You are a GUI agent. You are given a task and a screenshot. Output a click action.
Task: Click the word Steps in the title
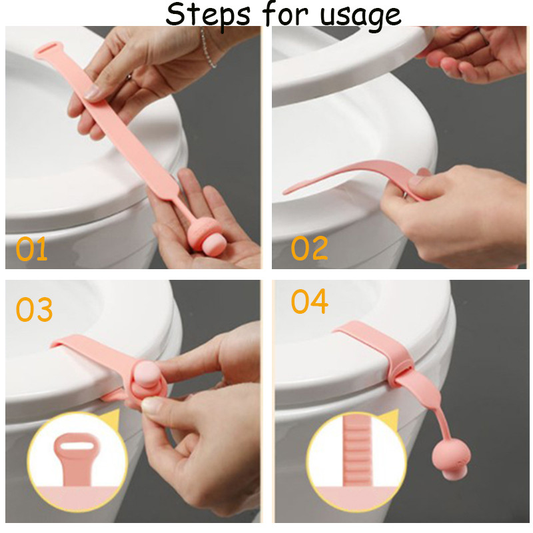coord(208,15)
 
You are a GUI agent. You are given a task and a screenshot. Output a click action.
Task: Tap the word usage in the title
coord(360,16)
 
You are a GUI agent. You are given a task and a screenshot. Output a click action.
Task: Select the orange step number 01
coord(31,249)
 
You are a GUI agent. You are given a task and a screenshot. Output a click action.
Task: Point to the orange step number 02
coord(309,248)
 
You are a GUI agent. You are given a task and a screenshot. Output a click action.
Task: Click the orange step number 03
coord(35,309)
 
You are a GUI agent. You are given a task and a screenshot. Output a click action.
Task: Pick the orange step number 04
coord(310,301)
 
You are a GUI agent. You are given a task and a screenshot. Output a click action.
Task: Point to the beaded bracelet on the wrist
coord(207,47)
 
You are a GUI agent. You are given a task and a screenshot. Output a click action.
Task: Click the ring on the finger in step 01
coord(129,77)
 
